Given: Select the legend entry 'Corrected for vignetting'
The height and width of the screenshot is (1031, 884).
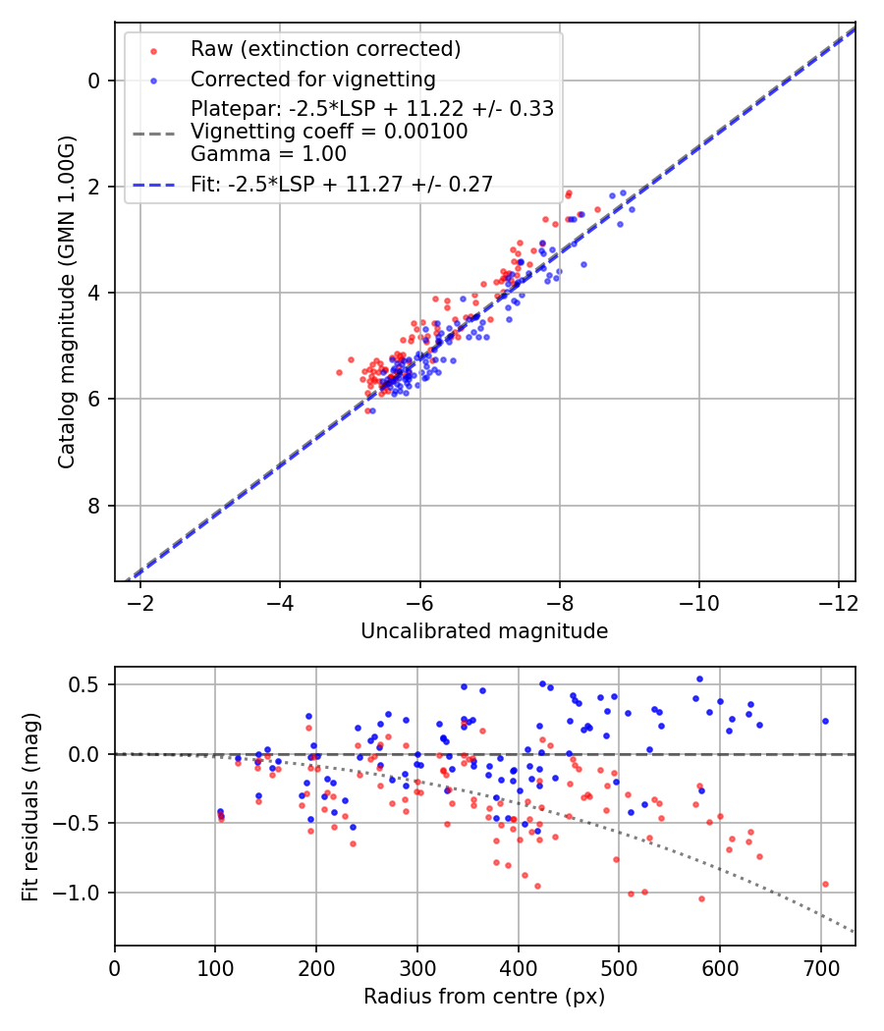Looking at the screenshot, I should (x=313, y=79).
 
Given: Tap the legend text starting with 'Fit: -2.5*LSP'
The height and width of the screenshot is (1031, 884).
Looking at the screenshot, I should (x=342, y=184).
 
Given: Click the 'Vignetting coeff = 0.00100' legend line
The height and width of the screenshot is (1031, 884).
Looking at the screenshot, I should (x=329, y=131).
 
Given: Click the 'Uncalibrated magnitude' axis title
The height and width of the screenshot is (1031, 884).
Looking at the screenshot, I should (x=484, y=631).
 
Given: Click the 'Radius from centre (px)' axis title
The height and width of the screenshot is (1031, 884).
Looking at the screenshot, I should (x=484, y=997).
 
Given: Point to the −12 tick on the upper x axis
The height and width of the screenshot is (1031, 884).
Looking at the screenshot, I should (x=838, y=601).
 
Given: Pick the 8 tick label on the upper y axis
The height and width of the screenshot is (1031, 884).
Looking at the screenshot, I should (x=94, y=506).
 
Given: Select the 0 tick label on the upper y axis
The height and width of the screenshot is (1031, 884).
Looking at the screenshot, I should (x=94, y=81).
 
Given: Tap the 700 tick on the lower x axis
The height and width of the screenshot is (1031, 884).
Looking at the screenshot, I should (x=820, y=967).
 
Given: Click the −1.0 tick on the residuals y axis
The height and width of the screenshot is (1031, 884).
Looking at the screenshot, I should (x=83, y=893).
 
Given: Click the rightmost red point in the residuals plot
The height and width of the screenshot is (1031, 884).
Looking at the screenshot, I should (x=825, y=884).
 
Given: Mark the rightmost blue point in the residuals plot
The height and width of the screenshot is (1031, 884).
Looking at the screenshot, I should (x=825, y=721).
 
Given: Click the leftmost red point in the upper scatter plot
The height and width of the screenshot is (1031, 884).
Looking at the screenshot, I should (x=340, y=372).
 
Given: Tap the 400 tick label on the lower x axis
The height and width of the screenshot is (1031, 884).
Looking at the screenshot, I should (x=518, y=967).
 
